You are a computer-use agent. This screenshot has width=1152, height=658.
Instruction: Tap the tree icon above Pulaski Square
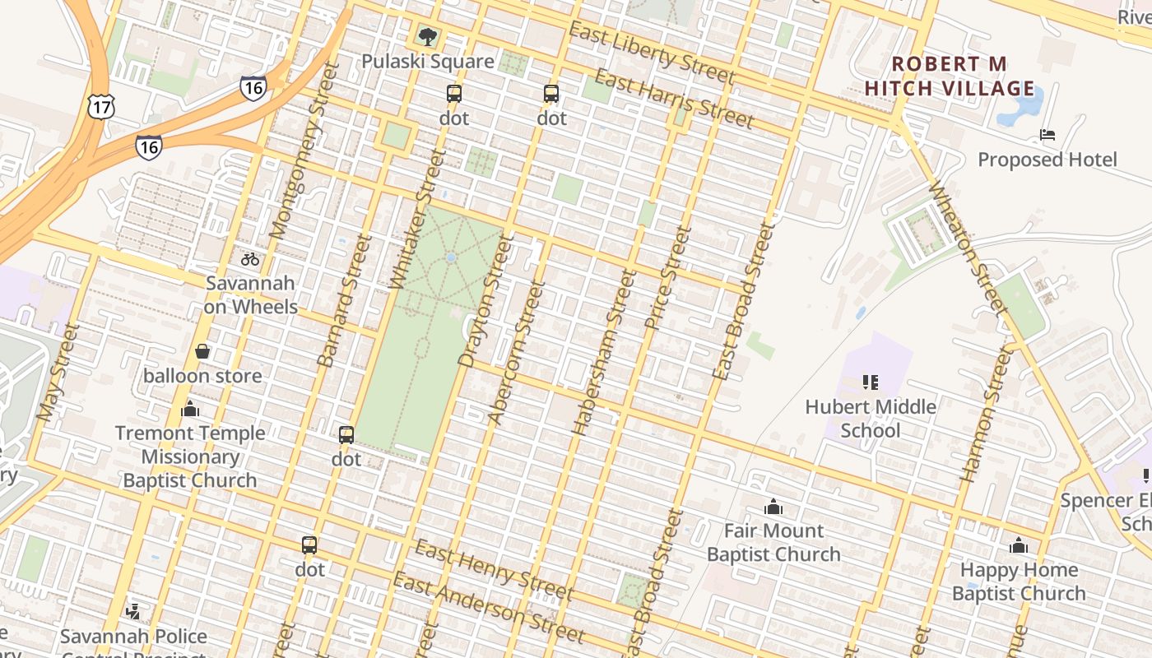[427, 36]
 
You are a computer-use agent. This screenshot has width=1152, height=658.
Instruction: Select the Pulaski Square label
[428, 62]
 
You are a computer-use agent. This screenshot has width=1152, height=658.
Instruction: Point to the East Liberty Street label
[651, 54]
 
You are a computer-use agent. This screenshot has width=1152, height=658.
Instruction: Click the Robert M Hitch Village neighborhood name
[950, 76]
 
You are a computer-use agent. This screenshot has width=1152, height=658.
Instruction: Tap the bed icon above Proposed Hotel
[1047, 135]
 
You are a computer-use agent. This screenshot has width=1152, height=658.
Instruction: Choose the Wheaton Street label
[968, 248]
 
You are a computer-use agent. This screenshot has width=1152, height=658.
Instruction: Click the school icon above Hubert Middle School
[871, 382]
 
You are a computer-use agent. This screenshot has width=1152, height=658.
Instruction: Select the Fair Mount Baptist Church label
[773, 542]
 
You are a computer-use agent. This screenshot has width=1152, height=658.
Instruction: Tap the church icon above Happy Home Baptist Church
[1019, 545]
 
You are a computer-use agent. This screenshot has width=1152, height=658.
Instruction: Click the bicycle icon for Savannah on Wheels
[250, 259]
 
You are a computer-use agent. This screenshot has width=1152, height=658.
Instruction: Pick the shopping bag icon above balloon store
[202, 352]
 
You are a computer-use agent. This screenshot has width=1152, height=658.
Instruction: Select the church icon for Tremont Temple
[190, 409]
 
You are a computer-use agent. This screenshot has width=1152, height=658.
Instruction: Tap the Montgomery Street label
[304, 151]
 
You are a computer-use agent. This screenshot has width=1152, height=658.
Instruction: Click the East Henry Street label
[493, 570]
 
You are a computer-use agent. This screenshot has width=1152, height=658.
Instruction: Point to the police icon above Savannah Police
[133, 611]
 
